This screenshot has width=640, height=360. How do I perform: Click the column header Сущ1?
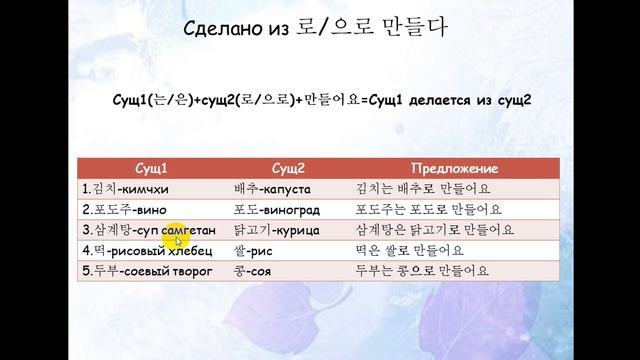150,169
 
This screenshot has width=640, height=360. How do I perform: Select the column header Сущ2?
288,169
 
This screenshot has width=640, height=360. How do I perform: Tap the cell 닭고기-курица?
273,231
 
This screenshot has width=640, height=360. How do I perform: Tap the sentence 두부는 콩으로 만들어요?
422,271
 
